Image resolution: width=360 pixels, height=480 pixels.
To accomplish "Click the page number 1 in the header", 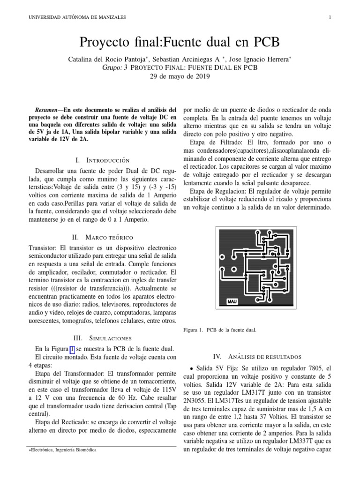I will click(x=330, y=17).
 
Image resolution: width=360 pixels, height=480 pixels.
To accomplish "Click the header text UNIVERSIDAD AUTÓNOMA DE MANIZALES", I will click(x=77, y=17).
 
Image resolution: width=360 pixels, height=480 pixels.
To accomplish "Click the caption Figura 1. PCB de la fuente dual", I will click(x=219, y=330).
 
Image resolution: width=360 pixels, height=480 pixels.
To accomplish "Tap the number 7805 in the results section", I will click(x=315, y=368).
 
